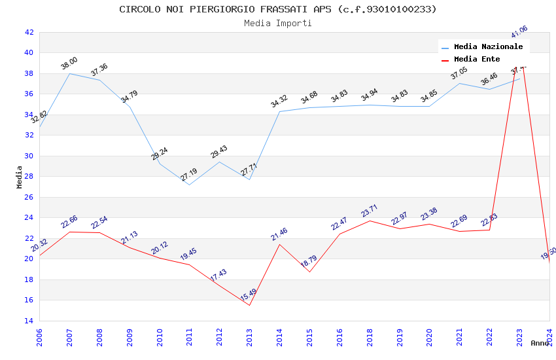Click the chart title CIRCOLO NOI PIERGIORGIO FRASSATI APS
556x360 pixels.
pyautogui.click(x=278, y=9)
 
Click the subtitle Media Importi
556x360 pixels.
pyautogui.click(x=278, y=23)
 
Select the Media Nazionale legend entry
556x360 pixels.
pyautogui.click(x=488, y=47)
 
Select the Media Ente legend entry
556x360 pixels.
pyautogui.click(x=477, y=60)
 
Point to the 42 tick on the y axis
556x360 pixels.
pyautogui.click(x=29, y=32)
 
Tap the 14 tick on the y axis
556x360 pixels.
pyautogui.click(x=29, y=321)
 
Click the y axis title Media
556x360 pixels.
pyautogui.click(x=20, y=177)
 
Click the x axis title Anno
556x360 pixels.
pyautogui.click(x=540, y=343)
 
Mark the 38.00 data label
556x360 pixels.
pyautogui.click(x=69, y=63)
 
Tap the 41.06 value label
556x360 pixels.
pyautogui.click(x=519, y=32)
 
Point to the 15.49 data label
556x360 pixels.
pyautogui.click(x=249, y=295)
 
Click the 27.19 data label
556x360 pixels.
pyautogui.click(x=189, y=175)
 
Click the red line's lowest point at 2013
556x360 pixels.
pyautogui.click(x=250, y=305)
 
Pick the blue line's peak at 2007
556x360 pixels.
pyautogui.click(x=69, y=73)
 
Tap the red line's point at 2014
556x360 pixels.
pyautogui.click(x=280, y=244)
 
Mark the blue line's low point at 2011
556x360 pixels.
pyautogui.click(x=190, y=185)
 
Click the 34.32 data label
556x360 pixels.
pyautogui.click(x=279, y=101)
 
